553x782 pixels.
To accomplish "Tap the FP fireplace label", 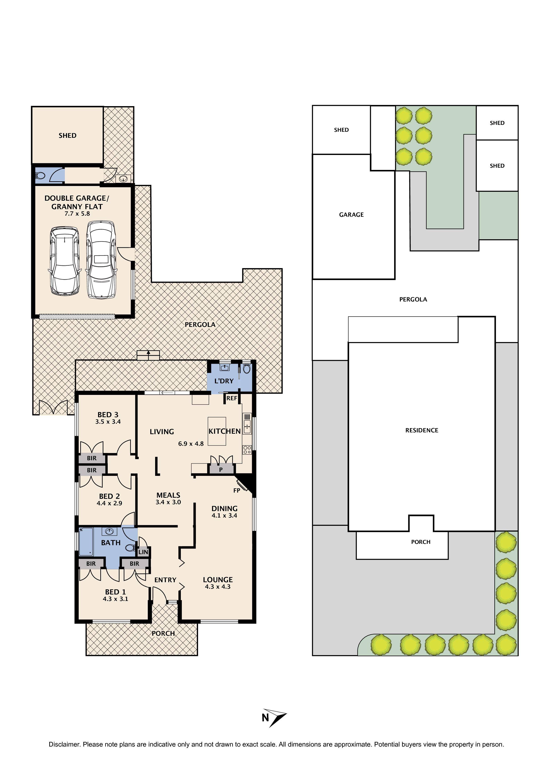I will coord(237,491).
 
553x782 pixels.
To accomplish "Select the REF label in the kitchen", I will coord(232,398).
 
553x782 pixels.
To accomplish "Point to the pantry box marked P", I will coord(221,470).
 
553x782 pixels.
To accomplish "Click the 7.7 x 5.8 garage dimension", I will coord(77,214).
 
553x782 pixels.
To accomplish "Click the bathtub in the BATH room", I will coord(86,542).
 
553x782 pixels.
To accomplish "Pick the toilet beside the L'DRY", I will coord(247,369).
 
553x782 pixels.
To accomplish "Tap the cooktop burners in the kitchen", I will coord(247,450).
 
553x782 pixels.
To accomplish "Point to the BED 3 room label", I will coord(108,415).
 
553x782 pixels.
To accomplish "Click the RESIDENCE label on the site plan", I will coord(421,430).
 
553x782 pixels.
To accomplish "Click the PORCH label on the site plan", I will coord(421,542).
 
